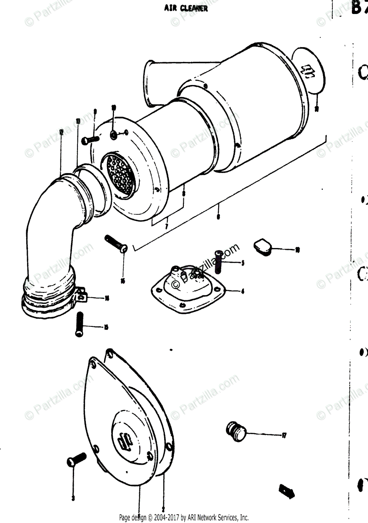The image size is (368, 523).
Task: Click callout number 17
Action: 284,435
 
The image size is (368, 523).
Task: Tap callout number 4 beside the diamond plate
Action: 243,291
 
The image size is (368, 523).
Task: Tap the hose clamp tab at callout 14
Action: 82,297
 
